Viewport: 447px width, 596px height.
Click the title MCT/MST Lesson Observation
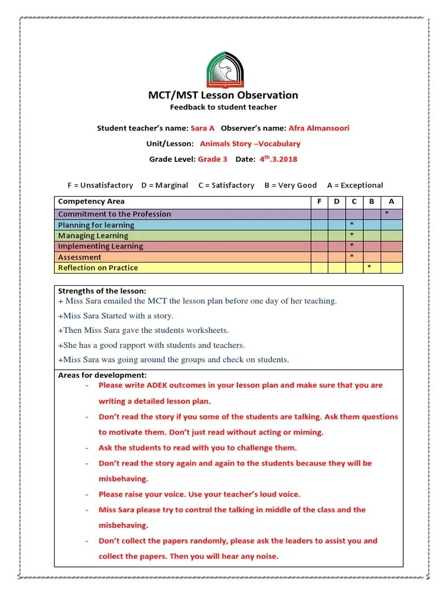pyautogui.click(x=223, y=95)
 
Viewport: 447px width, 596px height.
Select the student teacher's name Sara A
pyautogui.click(x=203, y=128)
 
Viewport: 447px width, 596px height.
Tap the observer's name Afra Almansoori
pyautogui.click(x=319, y=128)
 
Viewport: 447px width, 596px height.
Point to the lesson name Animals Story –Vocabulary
pyautogui.click(x=250, y=144)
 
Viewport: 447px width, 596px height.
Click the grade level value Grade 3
pyautogui.click(x=212, y=159)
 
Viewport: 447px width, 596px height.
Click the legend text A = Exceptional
pyautogui.click(x=355, y=185)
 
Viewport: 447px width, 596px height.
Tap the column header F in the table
pyautogui.click(x=319, y=201)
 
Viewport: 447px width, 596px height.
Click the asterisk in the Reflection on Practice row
pyautogui.click(x=369, y=268)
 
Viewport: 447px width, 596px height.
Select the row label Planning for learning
pyautogui.click(x=96, y=225)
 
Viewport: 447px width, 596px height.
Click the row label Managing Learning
pyautogui.click(x=93, y=236)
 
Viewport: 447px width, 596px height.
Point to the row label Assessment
pyautogui.click(x=80, y=257)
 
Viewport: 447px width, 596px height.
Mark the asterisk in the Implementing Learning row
pyautogui.click(x=352, y=246)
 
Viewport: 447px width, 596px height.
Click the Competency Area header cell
pyautogui.click(x=91, y=201)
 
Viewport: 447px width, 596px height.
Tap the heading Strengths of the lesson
pyautogui.click(x=102, y=291)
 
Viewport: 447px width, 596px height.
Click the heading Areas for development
pyautogui.click(x=102, y=375)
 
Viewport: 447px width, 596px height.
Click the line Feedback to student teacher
pyautogui.click(x=223, y=108)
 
